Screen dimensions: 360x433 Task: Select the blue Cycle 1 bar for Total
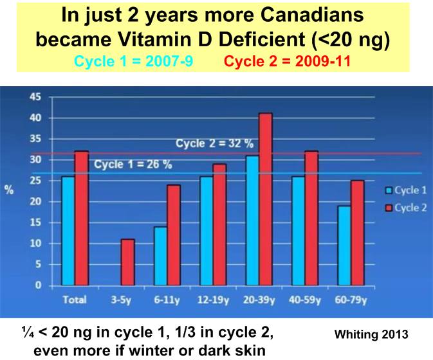point(68,231)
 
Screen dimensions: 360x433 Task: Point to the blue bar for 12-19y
point(207,231)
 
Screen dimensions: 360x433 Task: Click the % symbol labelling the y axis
point(10,192)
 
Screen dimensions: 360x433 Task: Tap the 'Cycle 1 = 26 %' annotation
point(133,165)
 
